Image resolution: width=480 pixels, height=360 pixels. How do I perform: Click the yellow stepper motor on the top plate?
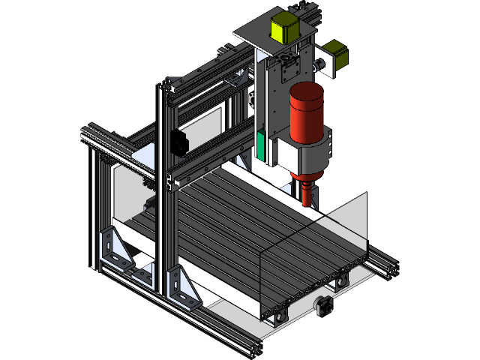pos(284,27)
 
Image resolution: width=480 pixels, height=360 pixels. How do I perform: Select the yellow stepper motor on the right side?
pos(334,57)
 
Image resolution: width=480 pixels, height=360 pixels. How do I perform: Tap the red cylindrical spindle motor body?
pos(306,112)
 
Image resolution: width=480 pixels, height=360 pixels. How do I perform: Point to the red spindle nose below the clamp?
pos(308,191)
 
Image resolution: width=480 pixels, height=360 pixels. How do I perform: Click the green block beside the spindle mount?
pos(261,145)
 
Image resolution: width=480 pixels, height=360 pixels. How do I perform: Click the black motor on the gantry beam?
pos(178,142)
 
